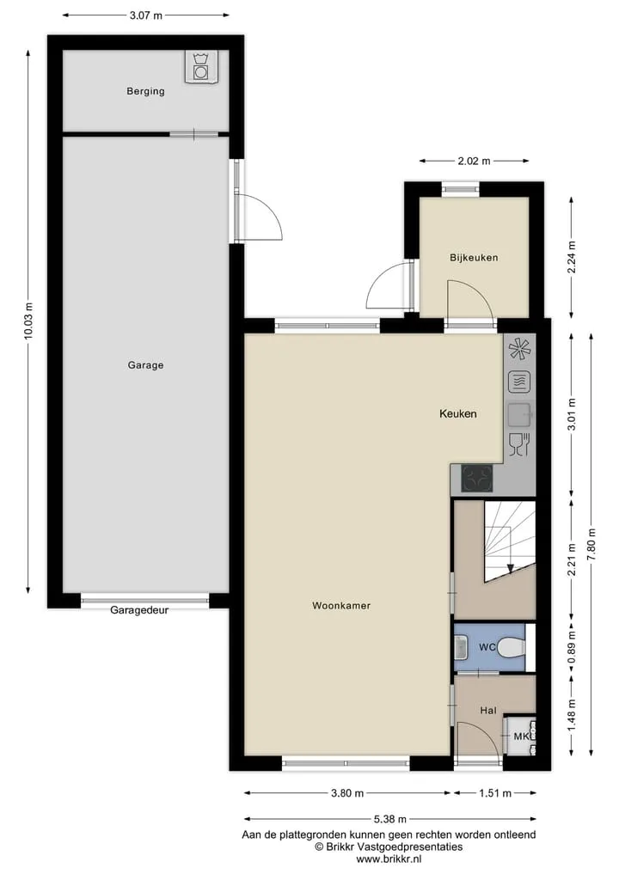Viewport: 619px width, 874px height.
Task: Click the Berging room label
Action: point(145,91)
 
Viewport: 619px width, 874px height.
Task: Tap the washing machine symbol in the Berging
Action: point(200,67)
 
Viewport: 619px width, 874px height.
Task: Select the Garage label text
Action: point(145,365)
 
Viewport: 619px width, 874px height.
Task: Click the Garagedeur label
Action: point(139,610)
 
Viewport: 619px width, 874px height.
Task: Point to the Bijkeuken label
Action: point(474,258)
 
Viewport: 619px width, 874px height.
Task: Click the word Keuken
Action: point(458,413)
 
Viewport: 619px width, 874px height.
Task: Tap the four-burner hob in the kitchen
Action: point(477,478)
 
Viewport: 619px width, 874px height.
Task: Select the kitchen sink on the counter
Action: point(519,414)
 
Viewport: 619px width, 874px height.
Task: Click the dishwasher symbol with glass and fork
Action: point(519,445)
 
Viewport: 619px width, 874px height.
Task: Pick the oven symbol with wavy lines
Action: point(519,382)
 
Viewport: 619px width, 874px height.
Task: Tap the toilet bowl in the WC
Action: point(511,647)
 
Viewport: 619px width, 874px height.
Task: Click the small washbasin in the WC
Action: point(461,647)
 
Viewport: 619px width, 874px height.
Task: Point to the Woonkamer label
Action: point(341,605)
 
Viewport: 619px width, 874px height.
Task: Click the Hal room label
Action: point(488,710)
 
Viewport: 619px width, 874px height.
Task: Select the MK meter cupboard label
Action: point(521,736)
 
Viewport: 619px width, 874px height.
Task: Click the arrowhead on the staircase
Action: point(511,569)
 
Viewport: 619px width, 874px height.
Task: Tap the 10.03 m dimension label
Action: point(29,321)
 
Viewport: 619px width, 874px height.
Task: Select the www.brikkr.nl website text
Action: point(389,859)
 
